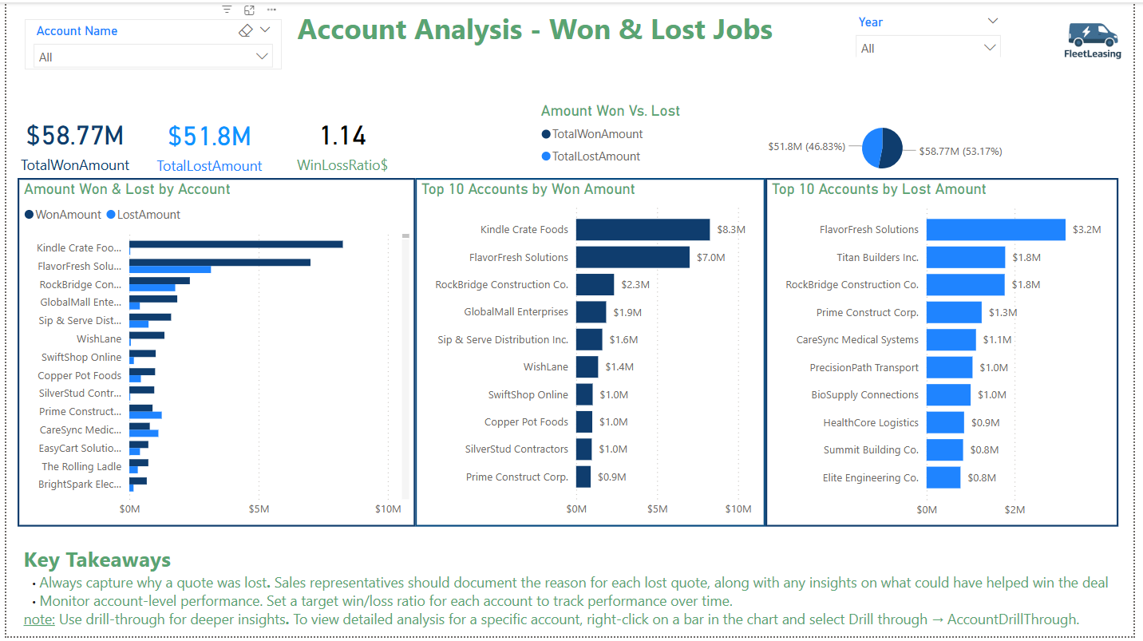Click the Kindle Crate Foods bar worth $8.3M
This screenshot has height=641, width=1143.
point(643,230)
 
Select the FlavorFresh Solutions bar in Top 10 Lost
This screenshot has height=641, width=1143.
point(995,230)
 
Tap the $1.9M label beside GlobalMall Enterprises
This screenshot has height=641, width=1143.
point(627,312)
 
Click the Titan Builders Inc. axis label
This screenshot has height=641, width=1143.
point(877,257)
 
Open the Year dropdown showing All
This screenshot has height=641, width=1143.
point(927,48)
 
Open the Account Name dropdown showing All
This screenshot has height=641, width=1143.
point(153,56)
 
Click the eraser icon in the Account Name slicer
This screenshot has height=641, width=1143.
point(245,30)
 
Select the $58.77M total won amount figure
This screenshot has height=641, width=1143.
point(75,136)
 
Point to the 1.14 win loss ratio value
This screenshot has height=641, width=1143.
point(343,136)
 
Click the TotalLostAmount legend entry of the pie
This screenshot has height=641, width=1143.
point(591,156)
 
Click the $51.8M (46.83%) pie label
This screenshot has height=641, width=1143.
point(807,146)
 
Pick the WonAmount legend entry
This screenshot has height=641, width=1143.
point(63,215)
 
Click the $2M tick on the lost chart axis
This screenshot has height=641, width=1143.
point(1014,509)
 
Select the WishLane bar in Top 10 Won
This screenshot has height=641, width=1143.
point(587,367)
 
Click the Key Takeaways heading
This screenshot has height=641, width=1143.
point(97,560)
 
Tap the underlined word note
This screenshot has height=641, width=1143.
point(39,619)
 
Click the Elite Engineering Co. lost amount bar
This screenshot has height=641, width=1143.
point(943,477)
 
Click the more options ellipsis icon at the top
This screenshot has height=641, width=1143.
point(271,10)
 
